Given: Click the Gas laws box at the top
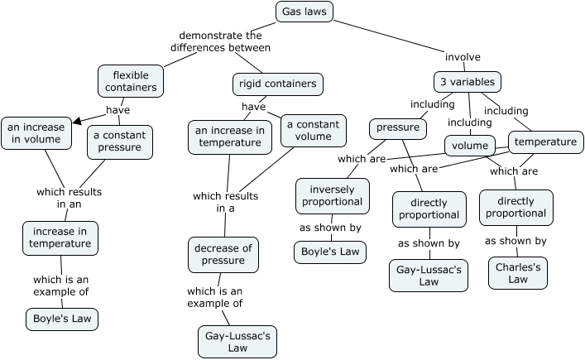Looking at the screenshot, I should (x=304, y=12).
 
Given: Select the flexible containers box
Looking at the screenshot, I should (x=130, y=82).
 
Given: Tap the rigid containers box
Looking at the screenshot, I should (x=276, y=84).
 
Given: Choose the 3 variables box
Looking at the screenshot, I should (x=467, y=82).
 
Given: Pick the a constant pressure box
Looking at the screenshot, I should (x=120, y=142).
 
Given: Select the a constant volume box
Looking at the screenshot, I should (x=314, y=130).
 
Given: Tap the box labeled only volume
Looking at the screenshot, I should (x=469, y=146).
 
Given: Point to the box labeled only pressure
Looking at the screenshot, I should (x=398, y=128).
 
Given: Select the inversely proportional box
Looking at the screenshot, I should (x=330, y=194).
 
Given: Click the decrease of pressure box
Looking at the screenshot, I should (x=223, y=254).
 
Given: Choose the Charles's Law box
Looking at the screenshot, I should (x=517, y=273).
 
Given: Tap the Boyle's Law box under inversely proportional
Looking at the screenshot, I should (x=329, y=252).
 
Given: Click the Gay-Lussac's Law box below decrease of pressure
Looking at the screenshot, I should (x=237, y=342).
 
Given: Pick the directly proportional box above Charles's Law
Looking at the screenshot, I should (x=516, y=206).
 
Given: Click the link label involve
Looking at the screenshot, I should (x=463, y=57).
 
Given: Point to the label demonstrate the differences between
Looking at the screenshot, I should (x=220, y=41).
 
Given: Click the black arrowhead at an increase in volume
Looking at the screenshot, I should (x=77, y=122).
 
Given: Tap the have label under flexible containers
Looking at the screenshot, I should (x=117, y=110).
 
